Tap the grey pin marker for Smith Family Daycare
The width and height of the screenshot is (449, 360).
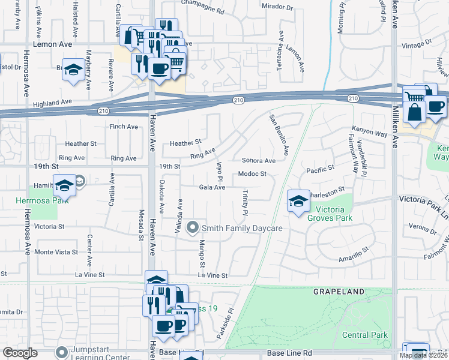(193, 227)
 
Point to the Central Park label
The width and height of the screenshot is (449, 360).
(365, 335)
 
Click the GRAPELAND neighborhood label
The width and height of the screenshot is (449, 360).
(339, 292)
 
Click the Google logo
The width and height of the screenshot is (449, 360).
(20, 353)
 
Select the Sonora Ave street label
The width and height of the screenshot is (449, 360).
(258, 161)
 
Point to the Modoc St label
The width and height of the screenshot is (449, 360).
(252, 174)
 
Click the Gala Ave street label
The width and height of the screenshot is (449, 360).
(212, 187)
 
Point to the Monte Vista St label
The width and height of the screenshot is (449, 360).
(57, 252)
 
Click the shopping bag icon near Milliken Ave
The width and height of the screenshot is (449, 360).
(415, 112)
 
